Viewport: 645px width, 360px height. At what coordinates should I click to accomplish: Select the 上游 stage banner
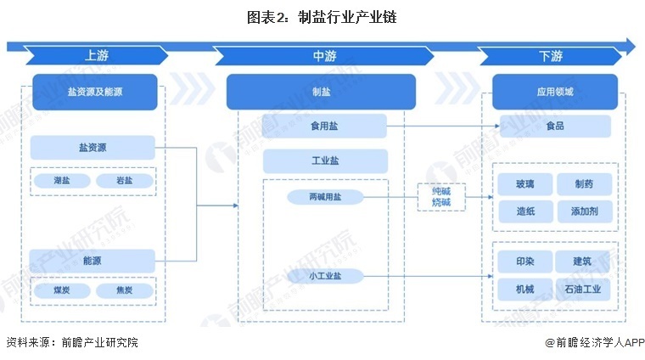[x=96, y=56]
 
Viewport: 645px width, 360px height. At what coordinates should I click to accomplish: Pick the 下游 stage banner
[x=550, y=56]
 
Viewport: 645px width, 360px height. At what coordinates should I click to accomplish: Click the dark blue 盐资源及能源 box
[x=94, y=92]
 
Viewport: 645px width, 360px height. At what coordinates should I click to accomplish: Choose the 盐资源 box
[x=93, y=147]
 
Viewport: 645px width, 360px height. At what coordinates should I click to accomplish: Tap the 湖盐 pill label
[x=61, y=181]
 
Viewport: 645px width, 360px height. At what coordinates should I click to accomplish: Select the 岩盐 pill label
[x=123, y=181]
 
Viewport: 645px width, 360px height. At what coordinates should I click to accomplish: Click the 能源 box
[x=93, y=260]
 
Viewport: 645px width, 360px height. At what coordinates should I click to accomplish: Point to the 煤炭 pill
[x=61, y=290]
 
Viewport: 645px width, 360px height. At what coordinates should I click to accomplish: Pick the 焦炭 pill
[x=123, y=290]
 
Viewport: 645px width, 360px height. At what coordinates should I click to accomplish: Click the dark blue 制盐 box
[x=321, y=92]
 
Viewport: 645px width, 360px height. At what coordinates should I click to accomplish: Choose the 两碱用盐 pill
[x=324, y=197]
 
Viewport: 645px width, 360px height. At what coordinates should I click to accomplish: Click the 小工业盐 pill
[x=324, y=276]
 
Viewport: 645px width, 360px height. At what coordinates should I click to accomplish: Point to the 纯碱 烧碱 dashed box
[x=441, y=197]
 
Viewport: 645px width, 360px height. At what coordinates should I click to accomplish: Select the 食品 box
[x=555, y=127]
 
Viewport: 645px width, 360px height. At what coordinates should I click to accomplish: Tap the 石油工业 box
[x=582, y=289]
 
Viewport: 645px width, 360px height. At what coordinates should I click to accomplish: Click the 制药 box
[x=582, y=184]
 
